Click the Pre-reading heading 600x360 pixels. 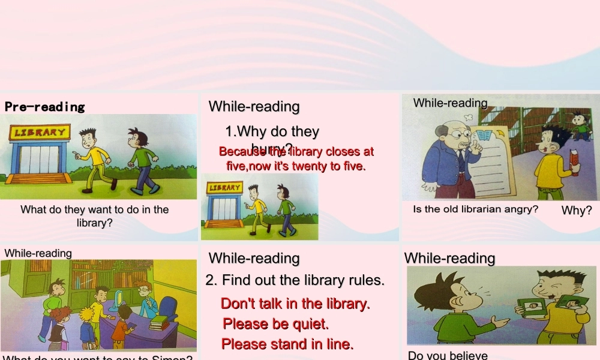tap(45, 107)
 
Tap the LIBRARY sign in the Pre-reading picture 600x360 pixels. tap(40, 132)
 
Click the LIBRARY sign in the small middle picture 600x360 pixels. tap(225, 188)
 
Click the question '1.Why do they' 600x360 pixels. tap(272, 131)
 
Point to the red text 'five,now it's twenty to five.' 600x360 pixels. tap(296, 166)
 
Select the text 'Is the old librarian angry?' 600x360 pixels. tap(475, 209)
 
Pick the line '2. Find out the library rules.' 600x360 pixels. tap(295, 280)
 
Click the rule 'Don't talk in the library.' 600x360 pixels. tap(295, 304)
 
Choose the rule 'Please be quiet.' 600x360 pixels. tap(276, 324)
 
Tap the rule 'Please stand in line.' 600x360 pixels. tap(287, 344)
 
